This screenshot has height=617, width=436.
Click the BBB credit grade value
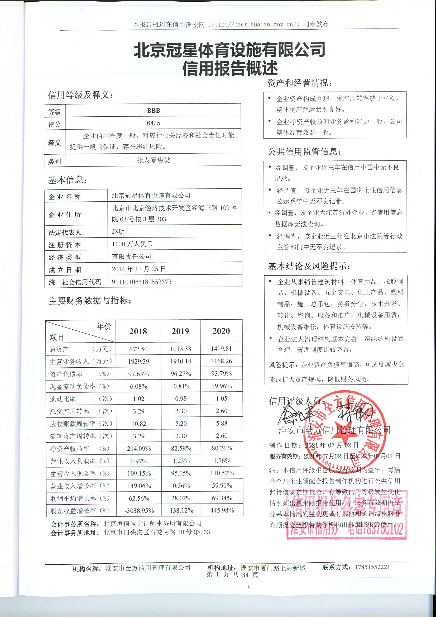point(154,111)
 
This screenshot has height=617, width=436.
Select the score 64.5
point(154,123)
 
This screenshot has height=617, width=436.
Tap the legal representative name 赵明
point(118,231)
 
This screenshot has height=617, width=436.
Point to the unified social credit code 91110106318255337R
point(142,282)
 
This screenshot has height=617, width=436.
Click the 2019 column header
point(180,331)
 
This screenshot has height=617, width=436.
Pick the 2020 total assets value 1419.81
point(221,349)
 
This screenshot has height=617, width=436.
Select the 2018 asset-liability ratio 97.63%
point(138,374)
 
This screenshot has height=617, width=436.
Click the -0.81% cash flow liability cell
point(181,386)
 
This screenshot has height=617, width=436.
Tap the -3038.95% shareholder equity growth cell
point(139,510)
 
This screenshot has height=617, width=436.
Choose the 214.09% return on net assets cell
point(139,448)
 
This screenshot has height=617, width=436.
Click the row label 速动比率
point(63,399)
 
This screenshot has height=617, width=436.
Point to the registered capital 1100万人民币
point(132,244)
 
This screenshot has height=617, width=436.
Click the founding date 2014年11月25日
point(139,269)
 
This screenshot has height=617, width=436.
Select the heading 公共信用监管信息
point(304,152)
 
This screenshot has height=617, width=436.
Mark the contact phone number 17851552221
point(372,567)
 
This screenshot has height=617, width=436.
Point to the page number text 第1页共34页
point(232,575)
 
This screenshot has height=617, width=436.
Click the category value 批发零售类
point(154,160)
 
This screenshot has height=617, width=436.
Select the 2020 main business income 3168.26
point(221,361)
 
